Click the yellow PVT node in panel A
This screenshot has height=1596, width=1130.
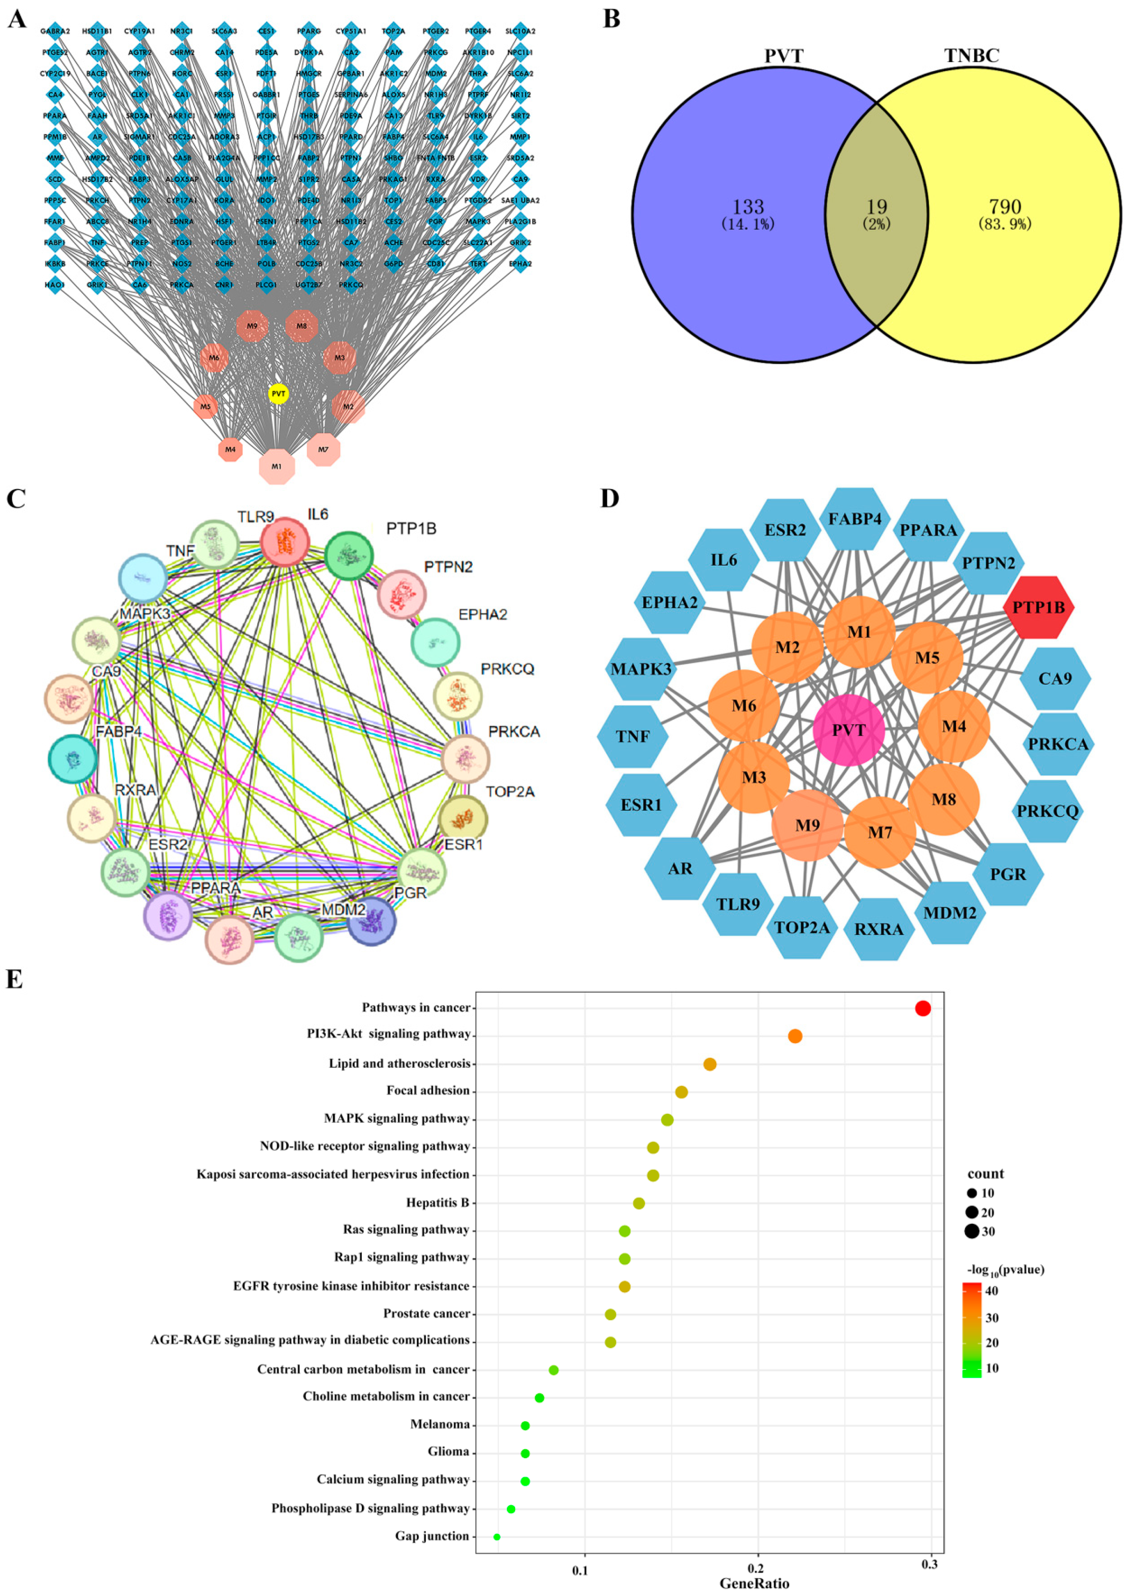click(x=278, y=394)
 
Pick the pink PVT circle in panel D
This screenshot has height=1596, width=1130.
click(x=848, y=730)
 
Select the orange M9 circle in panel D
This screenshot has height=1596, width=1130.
click(x=807, y=825)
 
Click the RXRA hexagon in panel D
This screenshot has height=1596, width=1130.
click(x=878, y=929)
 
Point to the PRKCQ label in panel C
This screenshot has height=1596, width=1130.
click(x=507, y=669)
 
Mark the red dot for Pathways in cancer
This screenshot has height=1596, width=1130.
click(x=923, y=1008)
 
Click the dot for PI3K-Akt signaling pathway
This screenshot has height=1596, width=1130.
click(x=795, y=1036)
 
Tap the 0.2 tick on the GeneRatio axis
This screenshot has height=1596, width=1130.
click(x=756, y=1569)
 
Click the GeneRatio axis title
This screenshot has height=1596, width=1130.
click(x=754, y=1584)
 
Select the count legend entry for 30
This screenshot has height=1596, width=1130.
click(x=972, y=1232)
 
